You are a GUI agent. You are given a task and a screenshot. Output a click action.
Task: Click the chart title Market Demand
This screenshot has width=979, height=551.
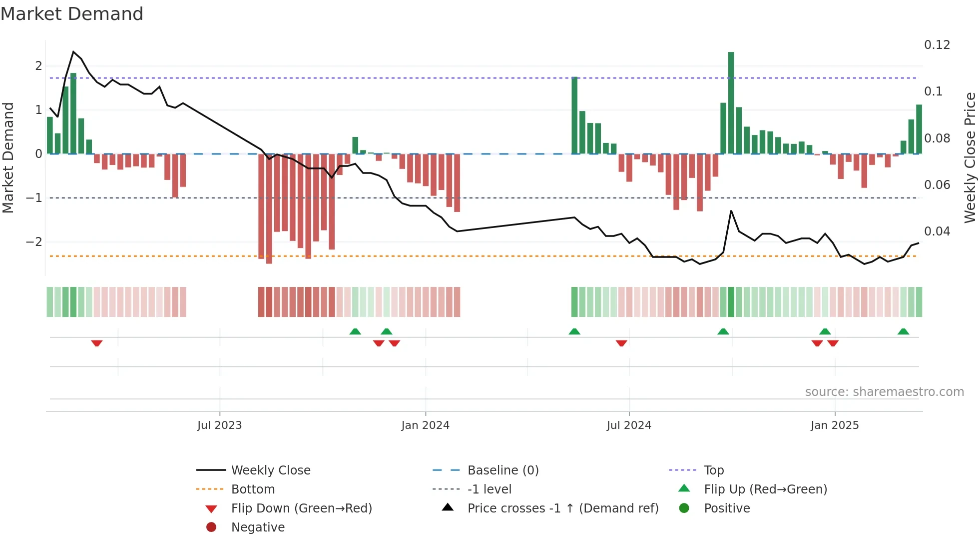72,14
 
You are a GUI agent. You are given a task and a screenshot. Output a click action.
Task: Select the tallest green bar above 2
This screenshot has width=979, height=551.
731,102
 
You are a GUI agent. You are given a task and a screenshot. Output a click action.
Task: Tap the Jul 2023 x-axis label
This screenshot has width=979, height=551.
219,425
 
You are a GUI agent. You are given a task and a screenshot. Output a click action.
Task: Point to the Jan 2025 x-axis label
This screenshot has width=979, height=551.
835,425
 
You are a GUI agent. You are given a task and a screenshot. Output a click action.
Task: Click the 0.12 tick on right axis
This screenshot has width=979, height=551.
937,45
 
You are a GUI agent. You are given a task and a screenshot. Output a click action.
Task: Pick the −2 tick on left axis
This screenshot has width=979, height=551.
34,242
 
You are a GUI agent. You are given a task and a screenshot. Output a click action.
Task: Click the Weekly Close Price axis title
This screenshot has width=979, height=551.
970,157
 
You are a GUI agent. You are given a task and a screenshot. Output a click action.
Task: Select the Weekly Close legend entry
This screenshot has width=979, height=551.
271,470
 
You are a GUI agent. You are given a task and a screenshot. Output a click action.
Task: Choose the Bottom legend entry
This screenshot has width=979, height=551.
253,489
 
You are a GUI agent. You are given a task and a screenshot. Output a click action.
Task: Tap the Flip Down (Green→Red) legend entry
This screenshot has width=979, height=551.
301,508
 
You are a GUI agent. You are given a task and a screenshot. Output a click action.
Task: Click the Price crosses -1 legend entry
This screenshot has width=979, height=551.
563,508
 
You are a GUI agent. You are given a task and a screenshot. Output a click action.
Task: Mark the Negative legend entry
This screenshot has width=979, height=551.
258,527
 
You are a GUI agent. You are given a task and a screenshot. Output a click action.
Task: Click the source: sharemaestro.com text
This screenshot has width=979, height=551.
884,392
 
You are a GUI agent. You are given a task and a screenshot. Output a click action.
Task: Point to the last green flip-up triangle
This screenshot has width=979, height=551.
903,331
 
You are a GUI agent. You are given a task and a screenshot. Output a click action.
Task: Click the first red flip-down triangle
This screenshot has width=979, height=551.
97,343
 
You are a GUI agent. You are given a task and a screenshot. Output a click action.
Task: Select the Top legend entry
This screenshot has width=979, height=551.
714,470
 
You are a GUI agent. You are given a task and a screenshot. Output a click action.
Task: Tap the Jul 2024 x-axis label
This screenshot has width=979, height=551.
629,425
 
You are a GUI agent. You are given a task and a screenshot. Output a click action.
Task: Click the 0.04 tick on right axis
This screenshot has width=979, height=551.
937,231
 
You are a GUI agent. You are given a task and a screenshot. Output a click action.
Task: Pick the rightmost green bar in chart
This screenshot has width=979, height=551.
919,129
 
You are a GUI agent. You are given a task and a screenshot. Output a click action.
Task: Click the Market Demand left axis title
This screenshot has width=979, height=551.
8,157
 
